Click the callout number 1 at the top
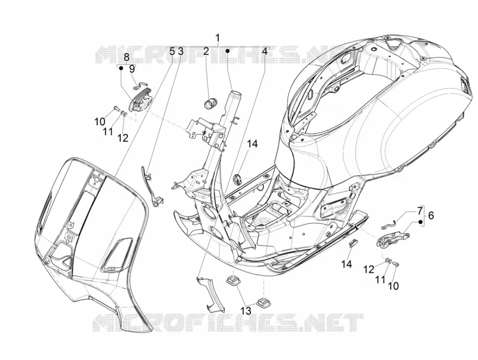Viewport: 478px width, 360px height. click(217, 38)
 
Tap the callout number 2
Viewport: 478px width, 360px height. click(206, 51)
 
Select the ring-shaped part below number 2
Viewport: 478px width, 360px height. click(210, 102)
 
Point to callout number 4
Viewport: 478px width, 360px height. click(265, 51)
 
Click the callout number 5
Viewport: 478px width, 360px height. click(172, 51)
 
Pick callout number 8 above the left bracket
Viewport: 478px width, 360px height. click(127, 57)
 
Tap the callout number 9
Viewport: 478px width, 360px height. click(131, 69)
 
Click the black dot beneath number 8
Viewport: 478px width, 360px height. click(121, 68)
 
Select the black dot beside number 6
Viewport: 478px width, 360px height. click(421, 222)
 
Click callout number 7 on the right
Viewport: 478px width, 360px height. click(420, 210)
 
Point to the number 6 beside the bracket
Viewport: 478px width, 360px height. click(431, 215)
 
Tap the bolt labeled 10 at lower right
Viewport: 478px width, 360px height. click(396, 263)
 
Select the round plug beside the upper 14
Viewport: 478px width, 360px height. click(237, 179)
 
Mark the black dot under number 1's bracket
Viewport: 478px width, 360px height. click(227, 51)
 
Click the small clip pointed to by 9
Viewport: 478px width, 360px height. click(141, 86)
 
